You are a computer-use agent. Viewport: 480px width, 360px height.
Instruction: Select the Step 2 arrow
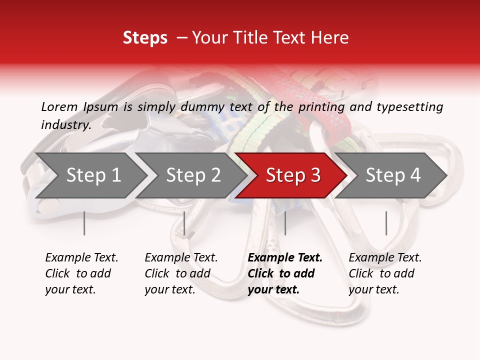(193, 175)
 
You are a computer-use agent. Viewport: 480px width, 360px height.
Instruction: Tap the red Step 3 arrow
(293, 175)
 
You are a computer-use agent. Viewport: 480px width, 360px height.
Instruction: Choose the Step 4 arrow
(393, 175)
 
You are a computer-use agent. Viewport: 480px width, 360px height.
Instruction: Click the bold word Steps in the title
(145, 38)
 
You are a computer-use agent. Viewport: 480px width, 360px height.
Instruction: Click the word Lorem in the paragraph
(59, 106)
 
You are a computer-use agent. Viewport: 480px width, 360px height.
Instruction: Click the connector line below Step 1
(84, 223)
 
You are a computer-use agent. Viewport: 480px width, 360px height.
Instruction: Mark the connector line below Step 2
(184, 223)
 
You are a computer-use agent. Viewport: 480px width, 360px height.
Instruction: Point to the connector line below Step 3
(285, 223)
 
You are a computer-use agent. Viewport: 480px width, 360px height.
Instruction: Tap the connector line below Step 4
(386, 223)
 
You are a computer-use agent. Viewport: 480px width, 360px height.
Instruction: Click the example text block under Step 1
(81, 273)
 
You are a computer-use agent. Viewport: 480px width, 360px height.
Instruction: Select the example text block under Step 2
(181, 273)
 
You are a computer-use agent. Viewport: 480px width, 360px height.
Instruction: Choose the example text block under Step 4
(385, 273)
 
